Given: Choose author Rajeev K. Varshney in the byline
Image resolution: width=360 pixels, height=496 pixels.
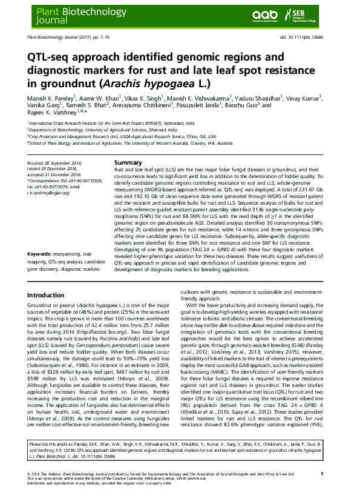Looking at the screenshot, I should (51, 114).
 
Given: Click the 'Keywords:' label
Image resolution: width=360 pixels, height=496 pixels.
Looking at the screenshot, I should (41, 269).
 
